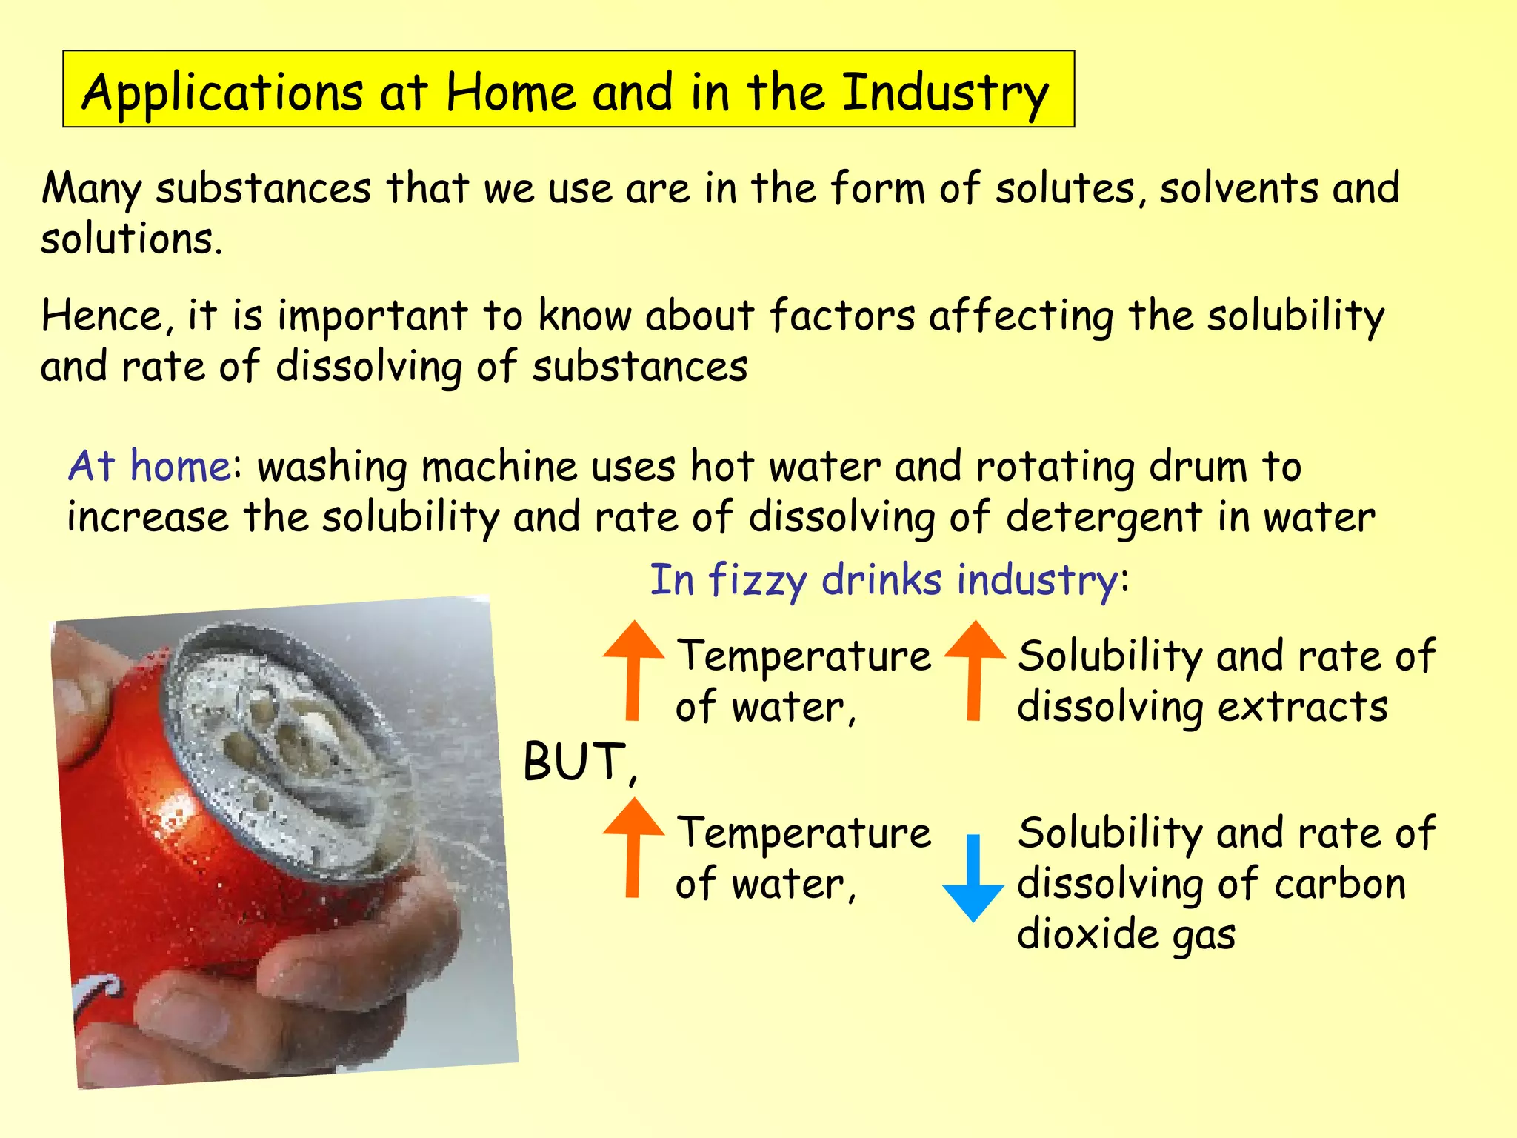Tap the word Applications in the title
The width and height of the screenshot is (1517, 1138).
(x=222, y=93)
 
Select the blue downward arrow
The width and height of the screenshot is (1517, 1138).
(x=973, y=879)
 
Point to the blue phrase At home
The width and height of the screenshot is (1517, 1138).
(x=149, y=467)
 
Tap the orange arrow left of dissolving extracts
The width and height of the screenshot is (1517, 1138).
(x=975, y=670)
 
